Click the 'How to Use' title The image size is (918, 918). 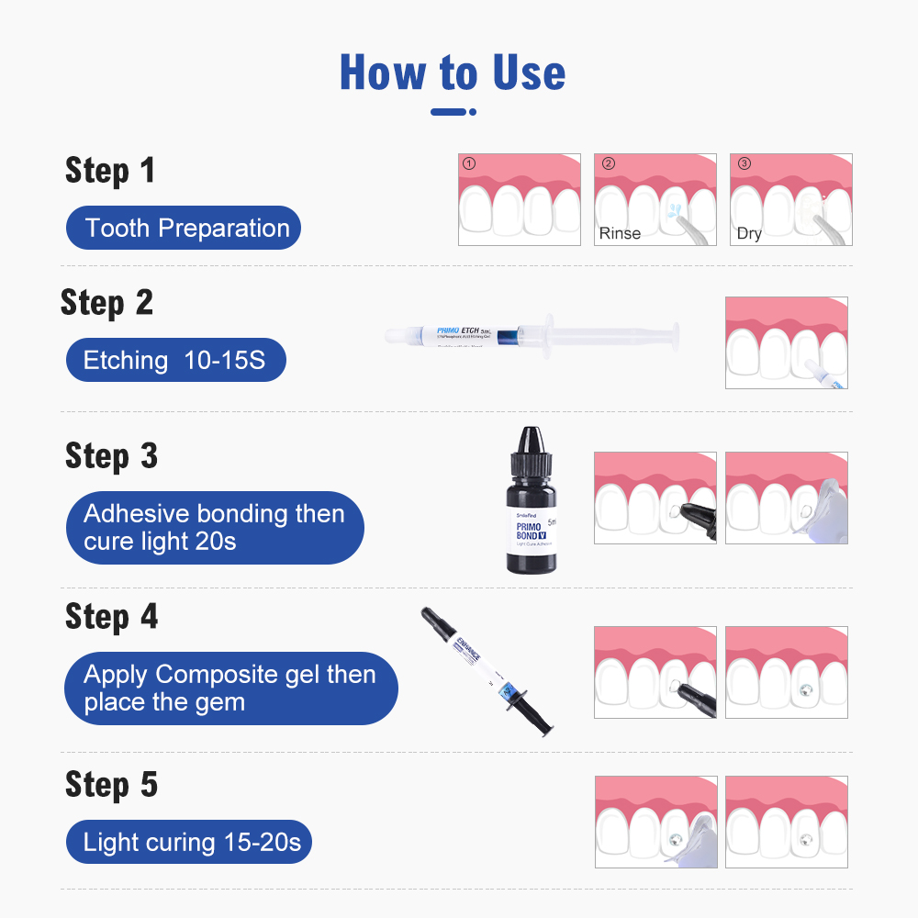453,73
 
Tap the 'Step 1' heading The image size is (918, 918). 110,171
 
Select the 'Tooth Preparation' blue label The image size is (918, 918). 184,228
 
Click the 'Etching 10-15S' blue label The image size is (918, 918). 175,361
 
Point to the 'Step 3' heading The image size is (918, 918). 111,456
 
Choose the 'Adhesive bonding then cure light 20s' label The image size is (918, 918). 214,528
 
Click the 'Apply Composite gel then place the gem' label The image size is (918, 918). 230,688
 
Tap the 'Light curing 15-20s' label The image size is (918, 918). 188,842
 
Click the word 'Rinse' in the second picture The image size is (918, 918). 620,233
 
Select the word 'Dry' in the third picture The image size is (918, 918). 749,233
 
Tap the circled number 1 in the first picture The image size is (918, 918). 469,164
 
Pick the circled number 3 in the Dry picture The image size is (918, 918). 744,164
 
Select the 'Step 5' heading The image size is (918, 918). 111,785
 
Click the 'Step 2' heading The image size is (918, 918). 106,303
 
